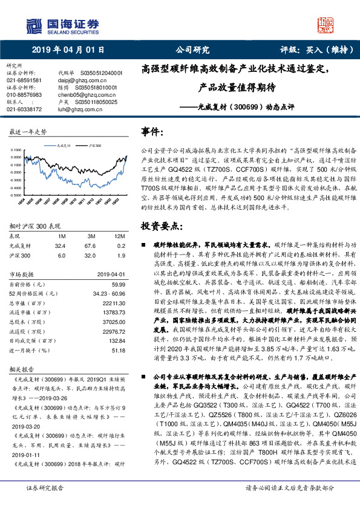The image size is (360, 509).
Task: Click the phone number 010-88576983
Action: click(x=24, y=96)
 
